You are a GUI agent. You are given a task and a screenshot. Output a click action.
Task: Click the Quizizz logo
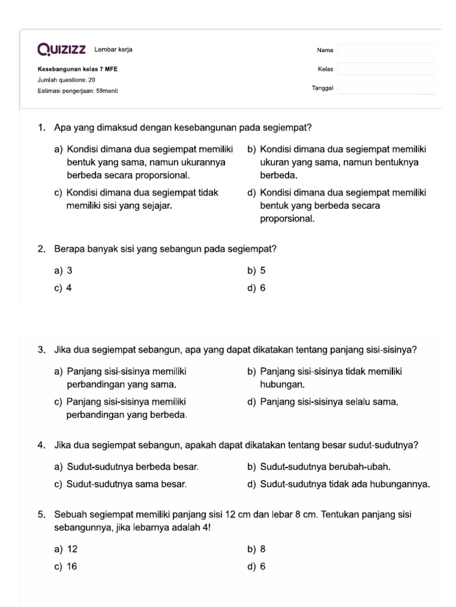tap(61, 49)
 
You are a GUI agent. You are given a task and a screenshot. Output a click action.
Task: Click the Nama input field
tap(387, 50)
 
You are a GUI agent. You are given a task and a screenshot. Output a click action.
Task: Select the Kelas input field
tap(387, 69)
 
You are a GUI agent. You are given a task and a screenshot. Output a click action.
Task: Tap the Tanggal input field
tap(387, 88)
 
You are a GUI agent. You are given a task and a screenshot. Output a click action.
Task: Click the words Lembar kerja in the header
tap(113, 49)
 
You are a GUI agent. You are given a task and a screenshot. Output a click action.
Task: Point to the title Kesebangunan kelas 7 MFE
tap(77, 69)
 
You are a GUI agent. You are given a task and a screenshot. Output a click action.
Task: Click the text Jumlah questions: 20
tap(66, 79)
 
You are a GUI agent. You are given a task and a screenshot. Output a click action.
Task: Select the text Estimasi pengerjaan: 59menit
tap(77, 91)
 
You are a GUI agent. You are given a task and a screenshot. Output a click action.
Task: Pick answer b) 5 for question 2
tap(256, 270)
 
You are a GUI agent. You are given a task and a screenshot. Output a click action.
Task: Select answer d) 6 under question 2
tap(256, 288)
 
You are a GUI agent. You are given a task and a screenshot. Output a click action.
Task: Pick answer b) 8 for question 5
tap(256, 549)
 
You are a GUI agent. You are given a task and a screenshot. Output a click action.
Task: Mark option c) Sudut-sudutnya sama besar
tap(121, 484)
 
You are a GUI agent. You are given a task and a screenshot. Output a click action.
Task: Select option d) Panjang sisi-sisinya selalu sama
tap(322, 402)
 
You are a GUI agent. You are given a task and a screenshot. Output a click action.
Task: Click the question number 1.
tap(41, 127)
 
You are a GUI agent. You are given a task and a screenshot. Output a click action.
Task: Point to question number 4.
tap(41, 445)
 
